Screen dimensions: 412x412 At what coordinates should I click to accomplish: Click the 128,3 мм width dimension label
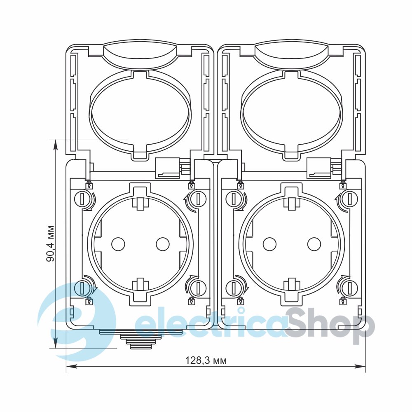[x=206, y=360]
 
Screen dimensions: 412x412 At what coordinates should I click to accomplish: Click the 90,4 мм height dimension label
[x=50, y=243]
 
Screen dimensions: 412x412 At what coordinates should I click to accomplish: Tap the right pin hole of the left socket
[x=163, y=243]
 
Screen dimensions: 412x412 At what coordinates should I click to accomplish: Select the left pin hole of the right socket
[x=269, y=243]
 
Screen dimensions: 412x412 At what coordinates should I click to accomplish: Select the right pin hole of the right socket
[x=314, y=243]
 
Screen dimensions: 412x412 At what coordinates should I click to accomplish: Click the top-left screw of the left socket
[x=82, y=199]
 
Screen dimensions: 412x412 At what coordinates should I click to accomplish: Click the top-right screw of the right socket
[x=350, y=199]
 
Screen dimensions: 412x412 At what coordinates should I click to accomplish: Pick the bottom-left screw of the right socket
[x=234, y=288]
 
